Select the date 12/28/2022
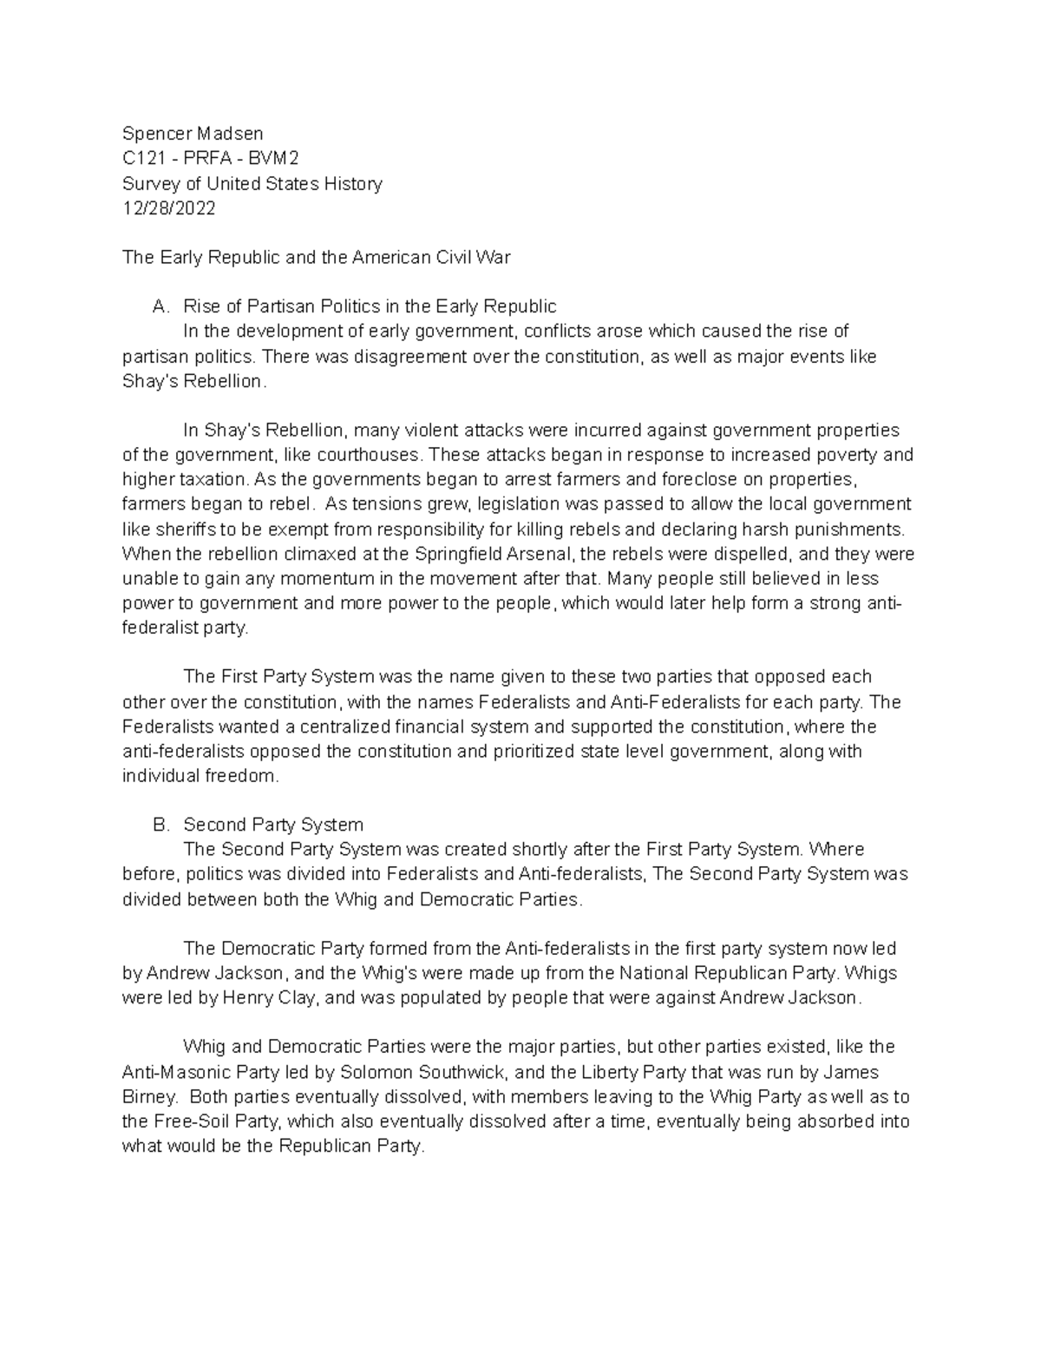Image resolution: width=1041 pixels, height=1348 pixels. tap(169, 208)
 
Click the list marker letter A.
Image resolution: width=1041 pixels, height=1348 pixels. tap(158, 306)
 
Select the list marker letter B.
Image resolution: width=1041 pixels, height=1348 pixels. tap(158, 825)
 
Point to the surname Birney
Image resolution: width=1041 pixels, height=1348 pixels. tap(149, 1097)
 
